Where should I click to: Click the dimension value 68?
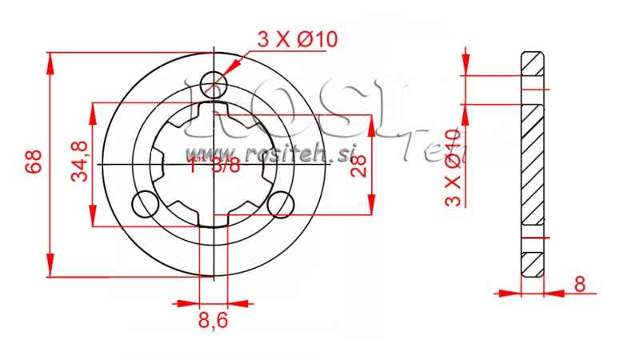click(x=33, y=165)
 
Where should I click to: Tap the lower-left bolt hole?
click(x=144, y=205)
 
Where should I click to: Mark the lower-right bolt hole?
click(x=280, y=205)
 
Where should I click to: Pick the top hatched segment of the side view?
click(x=534, y=63)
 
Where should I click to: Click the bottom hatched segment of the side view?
click(x=534, y=264)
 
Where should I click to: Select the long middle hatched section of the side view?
click(x=534, y=168)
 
